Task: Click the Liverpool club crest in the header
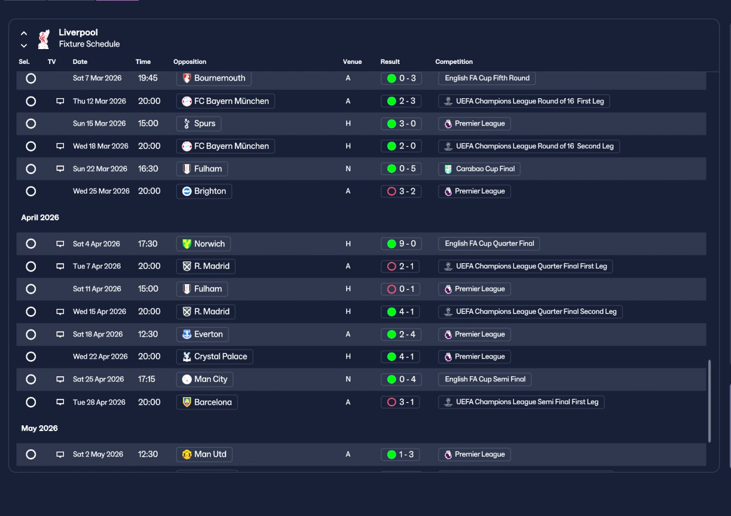(43, 39)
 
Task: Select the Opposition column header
(190, 62)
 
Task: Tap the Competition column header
(453, 62)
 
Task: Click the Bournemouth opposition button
(214, 78)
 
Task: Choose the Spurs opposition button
(199, 124)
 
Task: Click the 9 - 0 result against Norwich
(401, 244)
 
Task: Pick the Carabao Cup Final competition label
(479, 169)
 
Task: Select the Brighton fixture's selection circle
(31, 191)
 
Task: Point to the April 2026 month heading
(40, 217)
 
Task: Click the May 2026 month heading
(39, 428)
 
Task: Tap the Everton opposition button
(202, 334)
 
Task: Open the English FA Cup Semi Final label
(485, 380)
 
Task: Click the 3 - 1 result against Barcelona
(400, 402)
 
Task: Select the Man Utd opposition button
(204, 454)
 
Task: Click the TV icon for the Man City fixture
(60, 380)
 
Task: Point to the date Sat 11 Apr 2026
(97, 289)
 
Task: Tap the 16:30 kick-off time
(148, 169)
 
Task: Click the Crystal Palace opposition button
(214, 357)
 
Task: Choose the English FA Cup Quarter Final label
(489, 244)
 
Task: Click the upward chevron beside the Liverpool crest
(24, 33)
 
